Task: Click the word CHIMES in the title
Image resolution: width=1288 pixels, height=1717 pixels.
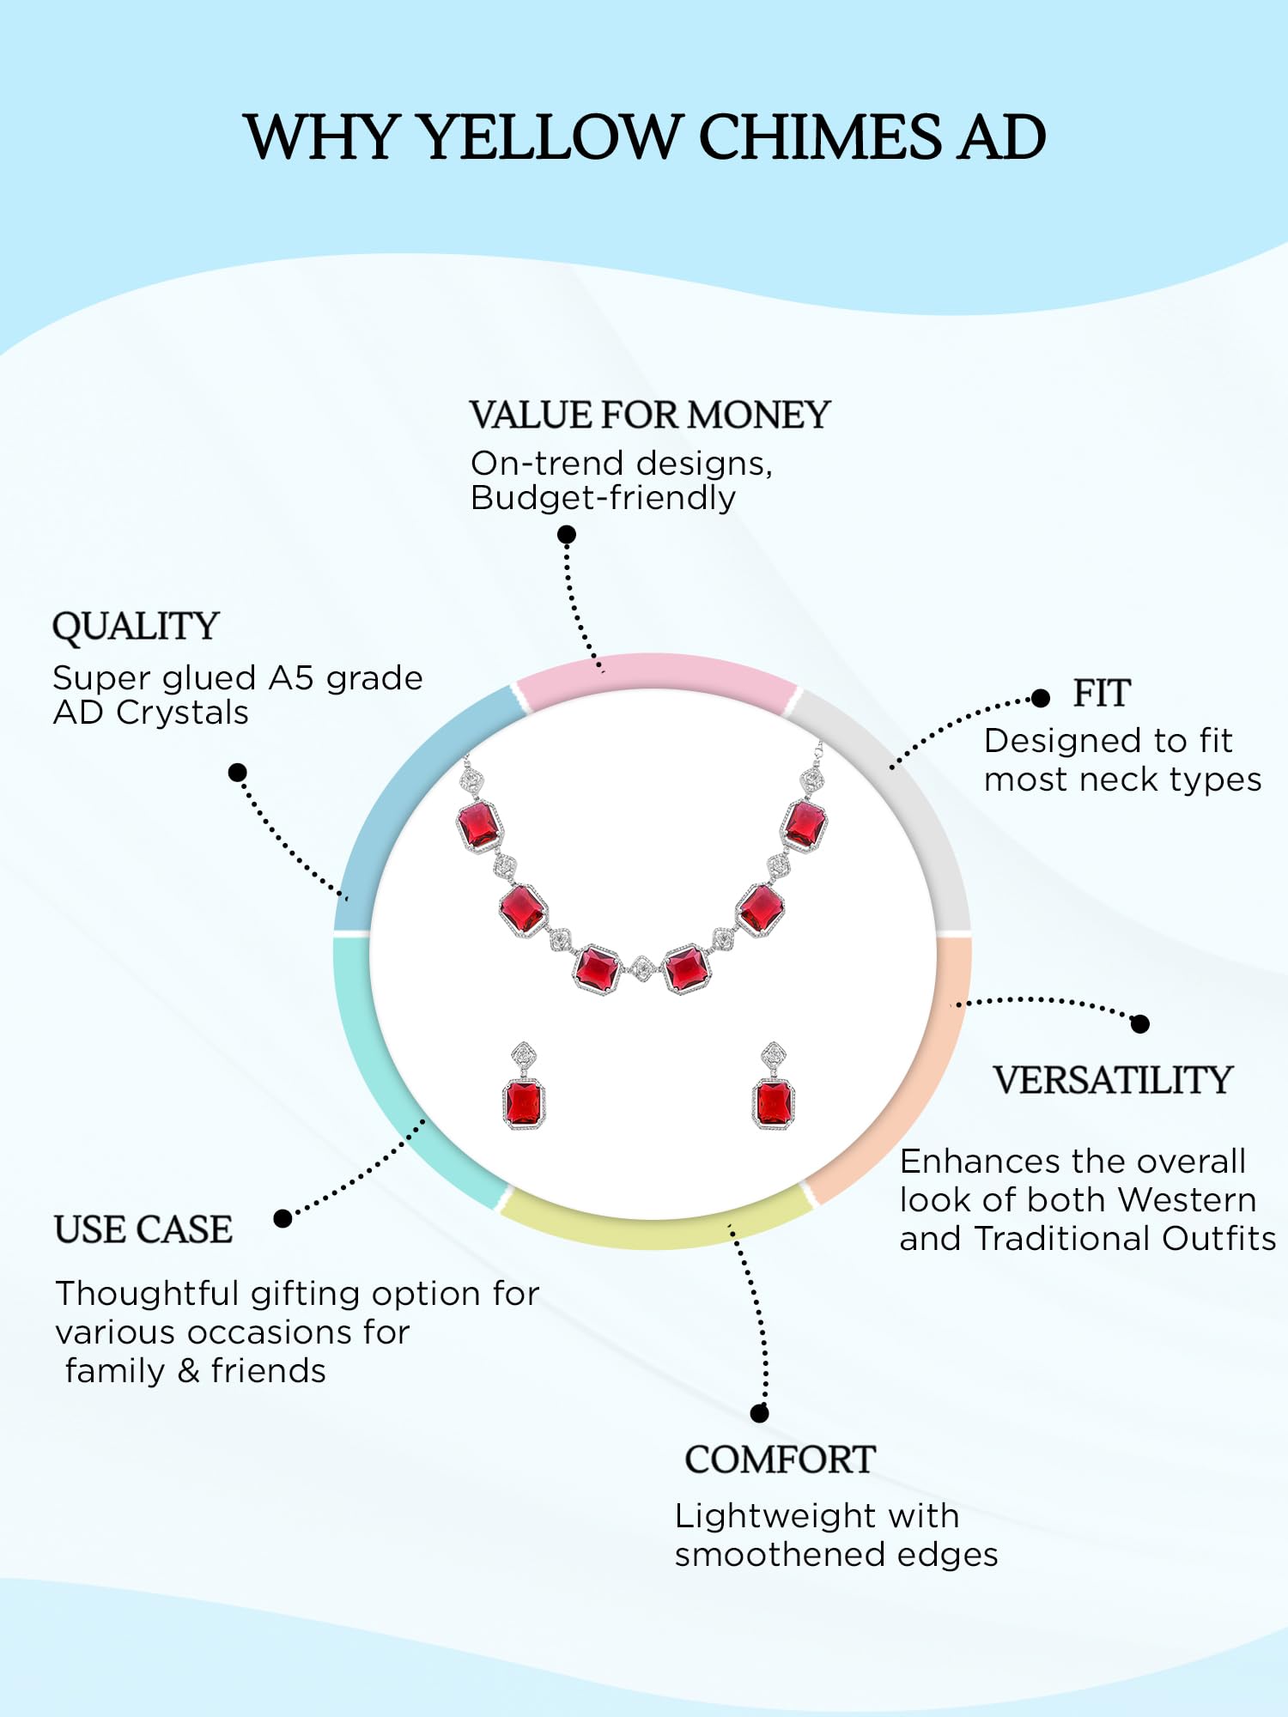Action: [820, 137]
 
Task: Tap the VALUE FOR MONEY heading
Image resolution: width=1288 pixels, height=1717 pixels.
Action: [649, 416]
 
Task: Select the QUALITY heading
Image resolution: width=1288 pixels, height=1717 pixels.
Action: [136, 627]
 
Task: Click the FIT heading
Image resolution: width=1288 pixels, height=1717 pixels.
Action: [1102, 694]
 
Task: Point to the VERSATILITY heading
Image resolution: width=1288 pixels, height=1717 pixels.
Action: [1113, 1080]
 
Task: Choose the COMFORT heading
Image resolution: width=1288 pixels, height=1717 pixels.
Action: [780, 1460]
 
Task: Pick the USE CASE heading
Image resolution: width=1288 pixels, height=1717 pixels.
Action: [143, 1229]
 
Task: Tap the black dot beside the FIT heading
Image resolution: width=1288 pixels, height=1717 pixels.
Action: [1041, 698]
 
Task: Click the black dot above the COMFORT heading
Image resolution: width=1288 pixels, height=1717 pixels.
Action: [759, 1413]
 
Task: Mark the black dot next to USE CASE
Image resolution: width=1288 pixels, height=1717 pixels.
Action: [283, 1218]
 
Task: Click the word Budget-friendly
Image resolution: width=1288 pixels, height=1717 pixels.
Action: [603, 499]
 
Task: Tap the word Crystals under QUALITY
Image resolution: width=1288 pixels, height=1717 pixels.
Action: [182, 713]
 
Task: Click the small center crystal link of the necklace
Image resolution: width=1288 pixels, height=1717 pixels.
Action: [642, 969]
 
